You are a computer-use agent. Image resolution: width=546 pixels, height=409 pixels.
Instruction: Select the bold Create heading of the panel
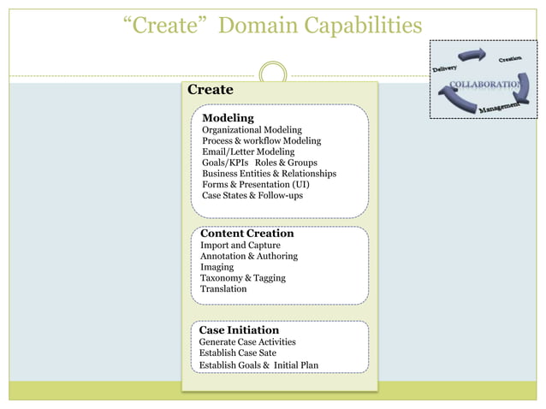click(210, 90)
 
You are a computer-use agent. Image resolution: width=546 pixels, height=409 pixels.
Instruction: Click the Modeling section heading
click(228, 117)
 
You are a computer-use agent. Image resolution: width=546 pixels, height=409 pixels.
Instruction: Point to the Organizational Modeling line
click(252, 130)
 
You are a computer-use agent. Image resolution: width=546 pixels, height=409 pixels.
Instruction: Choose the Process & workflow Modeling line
click(261, 141)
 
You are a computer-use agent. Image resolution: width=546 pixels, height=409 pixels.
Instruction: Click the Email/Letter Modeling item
click(248, 152)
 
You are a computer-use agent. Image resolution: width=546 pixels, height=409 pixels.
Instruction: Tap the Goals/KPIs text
click(225, 163)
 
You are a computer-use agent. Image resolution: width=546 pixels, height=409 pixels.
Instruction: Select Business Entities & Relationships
click(269, 174)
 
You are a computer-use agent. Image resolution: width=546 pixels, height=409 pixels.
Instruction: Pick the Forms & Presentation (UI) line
click(256, 185)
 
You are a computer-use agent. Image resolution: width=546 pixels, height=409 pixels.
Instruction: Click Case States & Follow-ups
click(252, 195)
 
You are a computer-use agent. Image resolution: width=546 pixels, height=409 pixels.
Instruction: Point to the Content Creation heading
click(246, 234)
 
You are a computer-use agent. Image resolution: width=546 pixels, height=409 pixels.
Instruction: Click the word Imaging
click(217, 267)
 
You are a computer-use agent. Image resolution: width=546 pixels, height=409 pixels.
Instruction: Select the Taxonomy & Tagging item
click(243, 278)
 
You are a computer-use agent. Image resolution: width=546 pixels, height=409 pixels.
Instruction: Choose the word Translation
click(223, 289)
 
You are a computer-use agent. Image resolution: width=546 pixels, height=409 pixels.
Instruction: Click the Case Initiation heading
click(239, 329)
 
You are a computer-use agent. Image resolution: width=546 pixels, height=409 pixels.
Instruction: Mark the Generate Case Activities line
click(247, 342)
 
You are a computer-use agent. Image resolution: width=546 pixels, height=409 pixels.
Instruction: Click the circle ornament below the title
click(272, 73)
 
